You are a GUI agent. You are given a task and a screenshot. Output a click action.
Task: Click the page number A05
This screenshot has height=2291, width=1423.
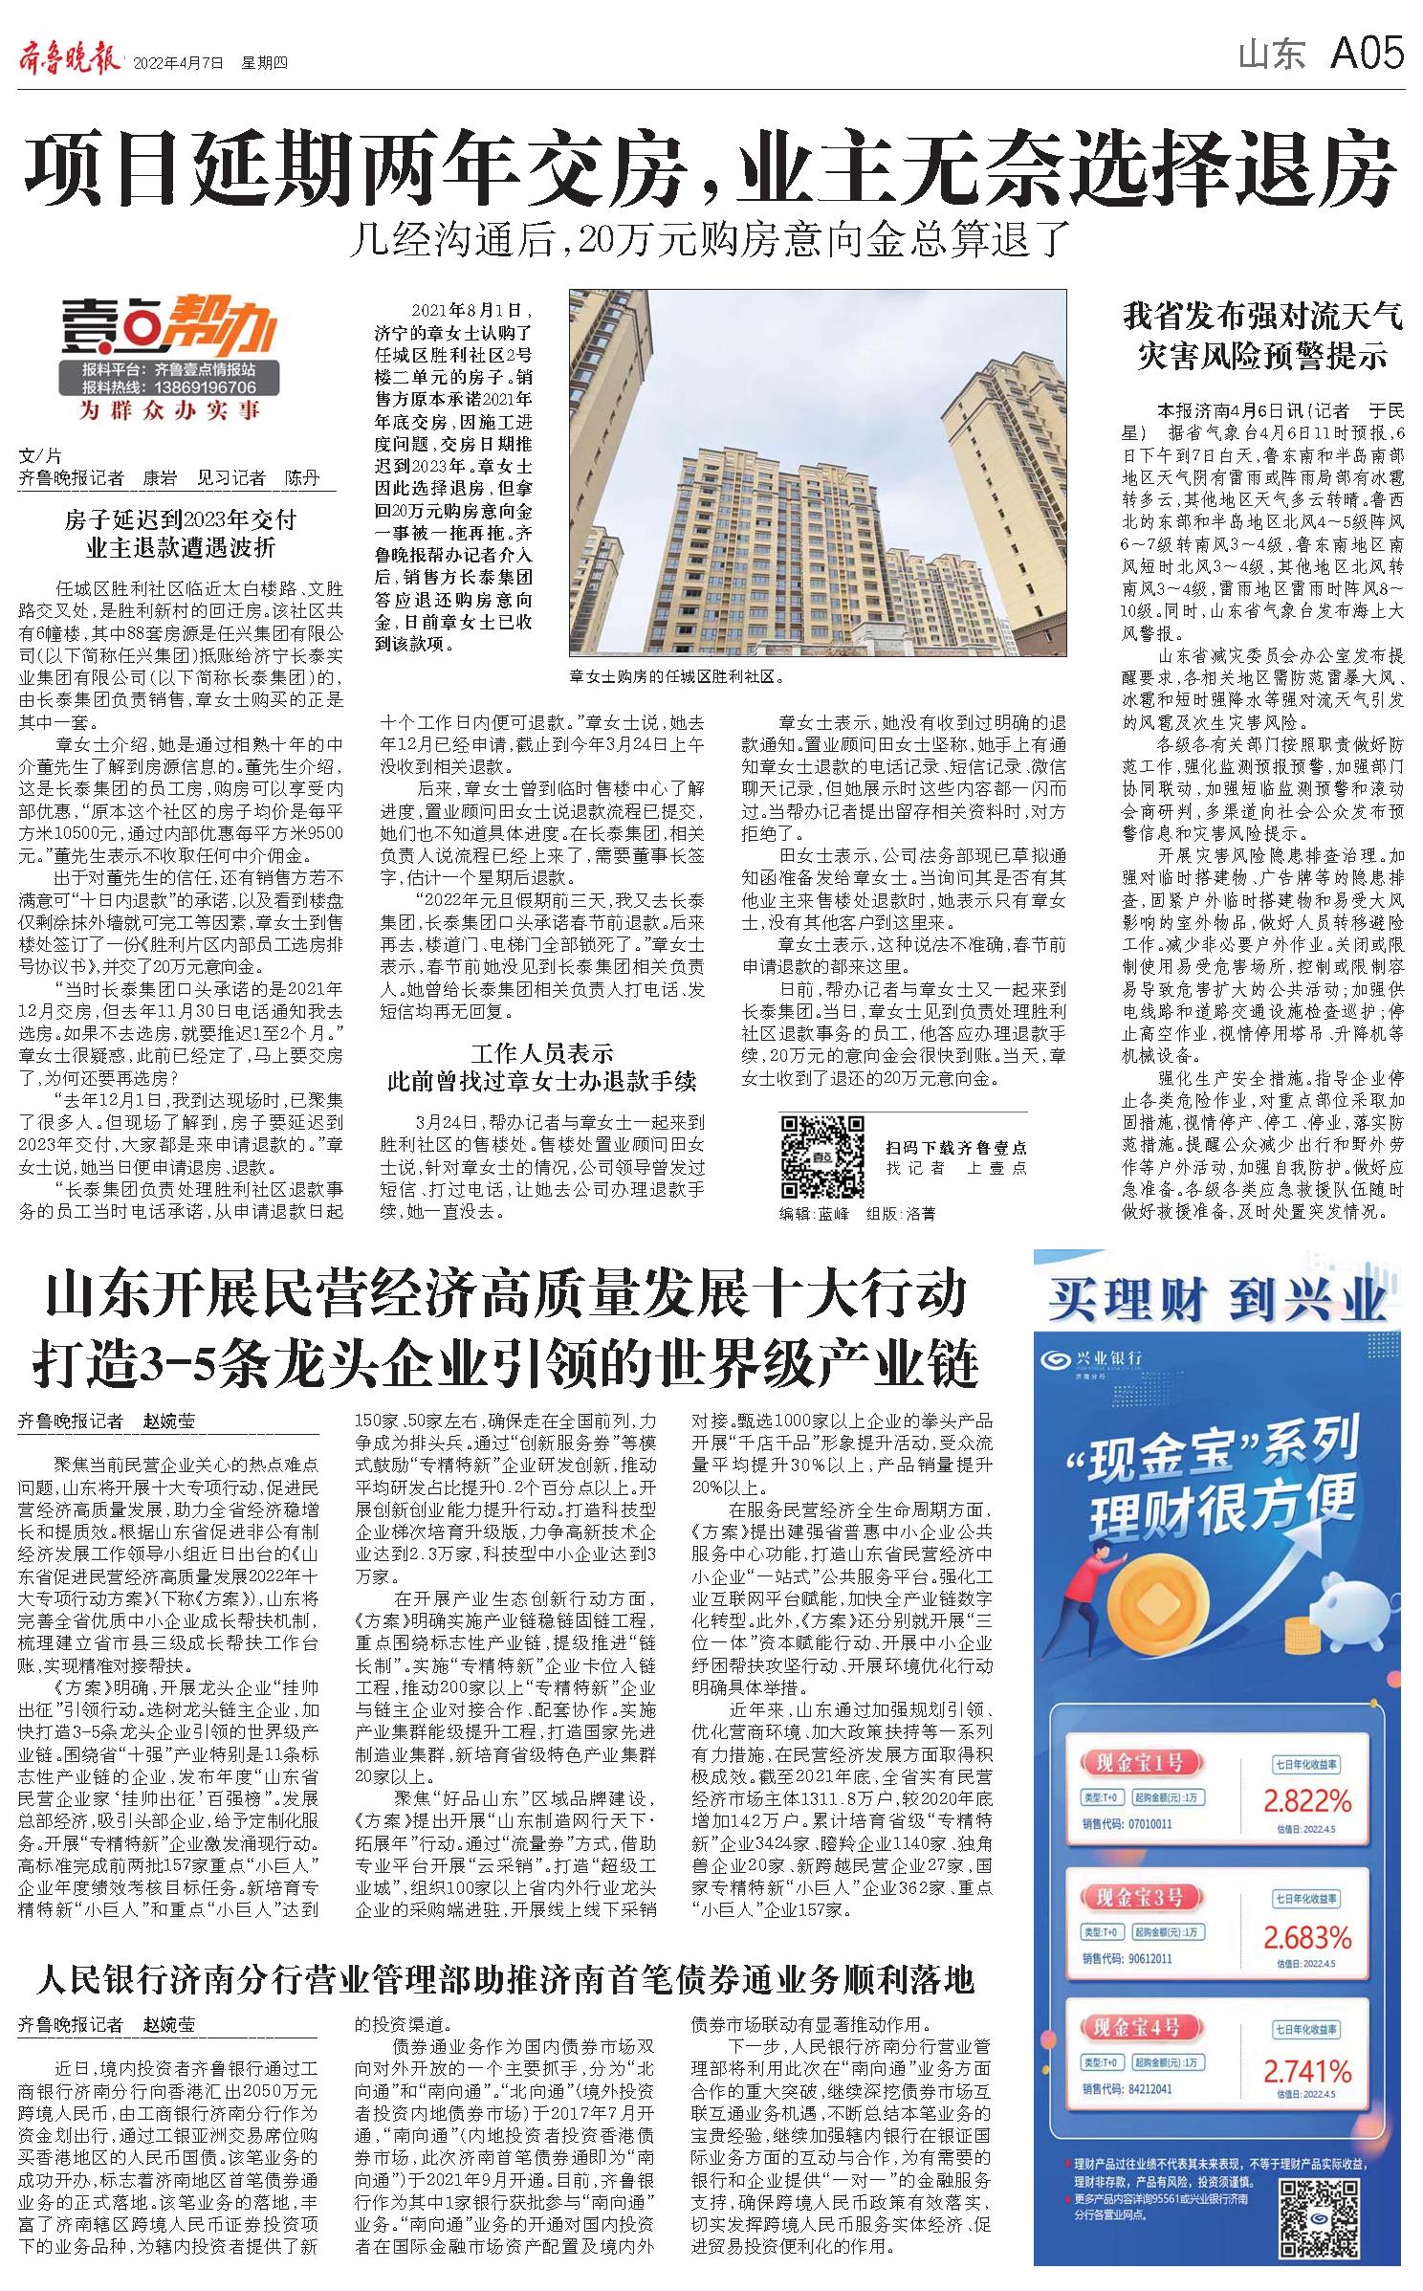[x=1368, y=53]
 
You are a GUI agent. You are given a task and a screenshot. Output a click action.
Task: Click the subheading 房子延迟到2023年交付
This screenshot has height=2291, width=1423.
[x=181, y=520]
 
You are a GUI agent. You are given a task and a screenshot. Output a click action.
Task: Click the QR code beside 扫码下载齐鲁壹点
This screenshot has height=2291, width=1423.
[x=821, y=1156]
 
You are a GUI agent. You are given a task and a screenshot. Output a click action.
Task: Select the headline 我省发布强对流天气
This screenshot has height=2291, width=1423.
[x=1262, y=316]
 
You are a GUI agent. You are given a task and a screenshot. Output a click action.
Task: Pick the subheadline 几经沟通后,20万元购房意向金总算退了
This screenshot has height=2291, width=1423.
[x=707, y=240]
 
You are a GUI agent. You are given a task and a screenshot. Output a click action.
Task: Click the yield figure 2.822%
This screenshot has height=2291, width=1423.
[x=1307, y=1802]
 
